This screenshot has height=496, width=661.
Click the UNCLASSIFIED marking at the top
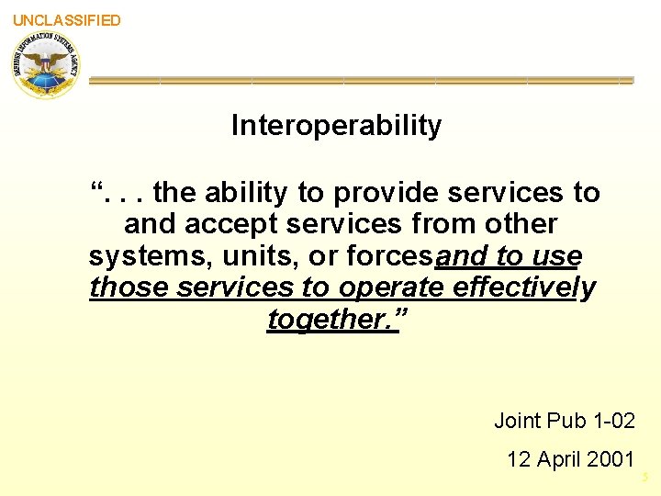pos(66,20)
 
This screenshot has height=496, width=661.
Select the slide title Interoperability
pos(336,125)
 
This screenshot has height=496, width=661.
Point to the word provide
pos(385,193)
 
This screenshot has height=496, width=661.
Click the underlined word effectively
pos(524,287)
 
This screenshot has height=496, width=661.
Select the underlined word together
pos(328,319)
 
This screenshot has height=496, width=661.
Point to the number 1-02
pos(612,421)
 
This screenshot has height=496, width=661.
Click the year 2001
pos(611,458)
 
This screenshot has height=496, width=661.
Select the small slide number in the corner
pos(645,478)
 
